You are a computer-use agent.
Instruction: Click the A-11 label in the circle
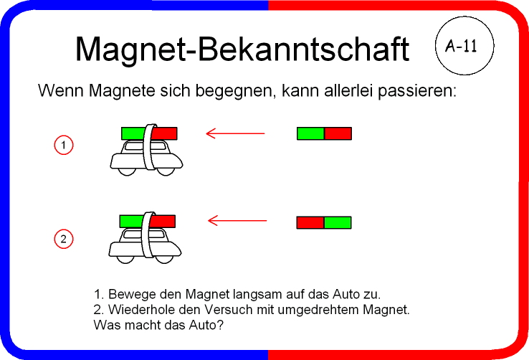point(462,46)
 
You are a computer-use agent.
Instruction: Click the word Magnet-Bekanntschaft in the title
point(242,49)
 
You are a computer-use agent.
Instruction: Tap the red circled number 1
point(63,145)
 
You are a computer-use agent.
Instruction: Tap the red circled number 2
point(63,239)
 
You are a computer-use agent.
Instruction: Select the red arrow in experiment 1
point(235,133)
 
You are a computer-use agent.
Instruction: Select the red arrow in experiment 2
point(237,221)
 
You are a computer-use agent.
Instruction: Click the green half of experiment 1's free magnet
point(310,133)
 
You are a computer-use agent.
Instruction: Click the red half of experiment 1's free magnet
point(338,133)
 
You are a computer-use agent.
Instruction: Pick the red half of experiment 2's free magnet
point(310,223)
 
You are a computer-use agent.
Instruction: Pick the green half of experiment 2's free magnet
point(338,223)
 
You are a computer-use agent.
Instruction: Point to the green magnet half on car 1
point(133,133)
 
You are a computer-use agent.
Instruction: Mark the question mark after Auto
point(220,325)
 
